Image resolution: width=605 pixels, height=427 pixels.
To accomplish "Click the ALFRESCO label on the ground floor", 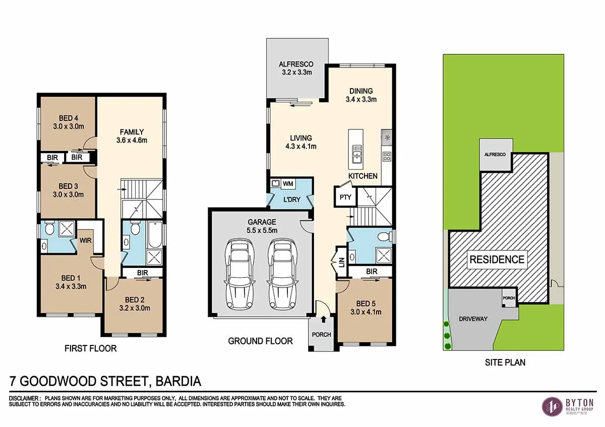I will (x=296, y=64).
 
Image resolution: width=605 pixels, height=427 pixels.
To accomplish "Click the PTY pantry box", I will (x=345, y=197).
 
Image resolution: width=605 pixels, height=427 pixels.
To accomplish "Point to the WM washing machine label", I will (x=288, y=183).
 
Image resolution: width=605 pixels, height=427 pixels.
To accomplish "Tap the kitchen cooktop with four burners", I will (x=387, y=156).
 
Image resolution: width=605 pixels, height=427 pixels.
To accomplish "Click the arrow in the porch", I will (x=323, y=319).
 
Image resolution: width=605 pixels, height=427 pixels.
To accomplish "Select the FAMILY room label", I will (x=132, y=132).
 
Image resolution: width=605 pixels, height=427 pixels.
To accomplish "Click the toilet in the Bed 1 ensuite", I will (x=49, y=230).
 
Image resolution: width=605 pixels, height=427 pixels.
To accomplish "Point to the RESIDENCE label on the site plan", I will (x=497, y=260).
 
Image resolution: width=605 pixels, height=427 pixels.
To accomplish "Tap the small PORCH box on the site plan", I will (x=509, y=298).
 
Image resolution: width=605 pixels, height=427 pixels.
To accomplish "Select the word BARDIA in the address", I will (x=179, y=381).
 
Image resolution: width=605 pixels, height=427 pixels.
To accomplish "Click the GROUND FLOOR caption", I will (x=260, y=341).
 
